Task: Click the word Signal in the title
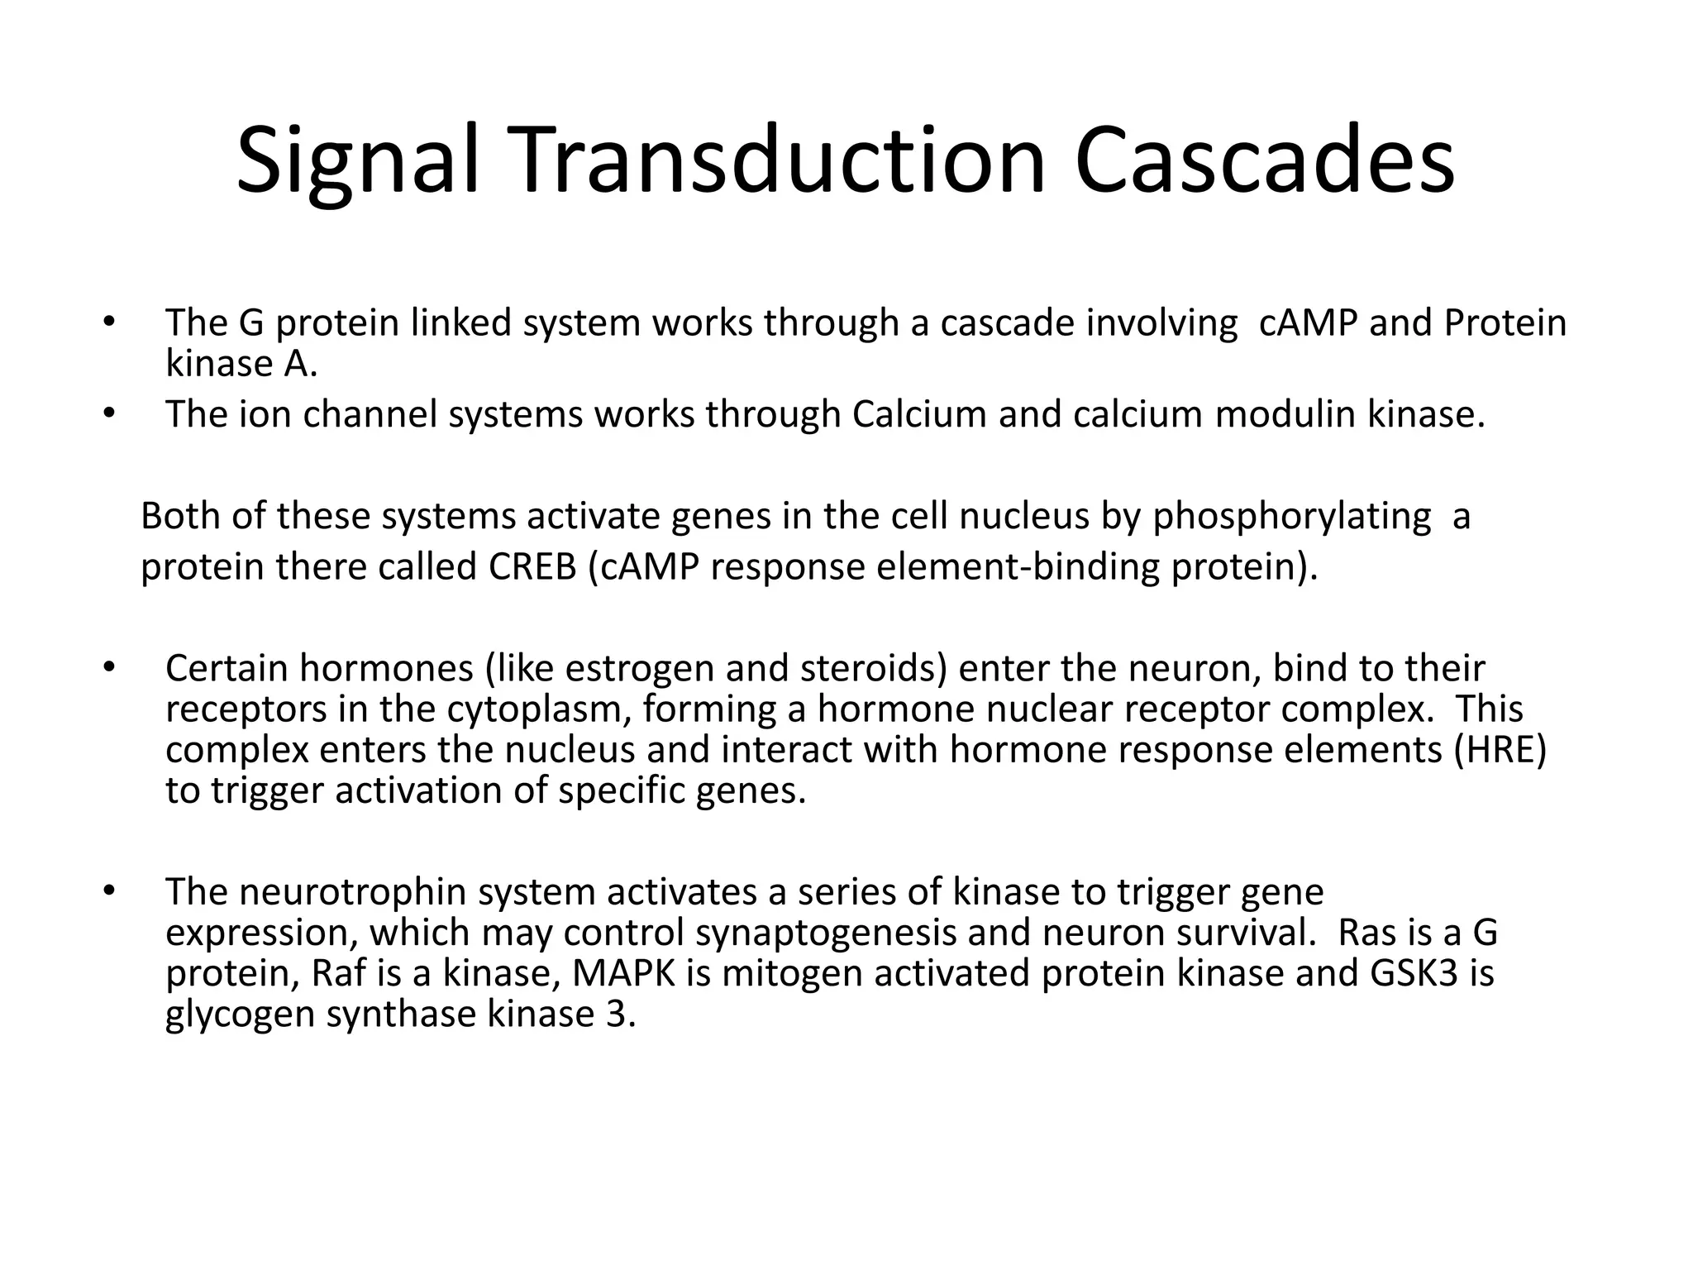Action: [x=357, y=161]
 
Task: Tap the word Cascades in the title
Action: [x=1265, y=161]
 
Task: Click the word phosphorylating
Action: [x=1291, y=517]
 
